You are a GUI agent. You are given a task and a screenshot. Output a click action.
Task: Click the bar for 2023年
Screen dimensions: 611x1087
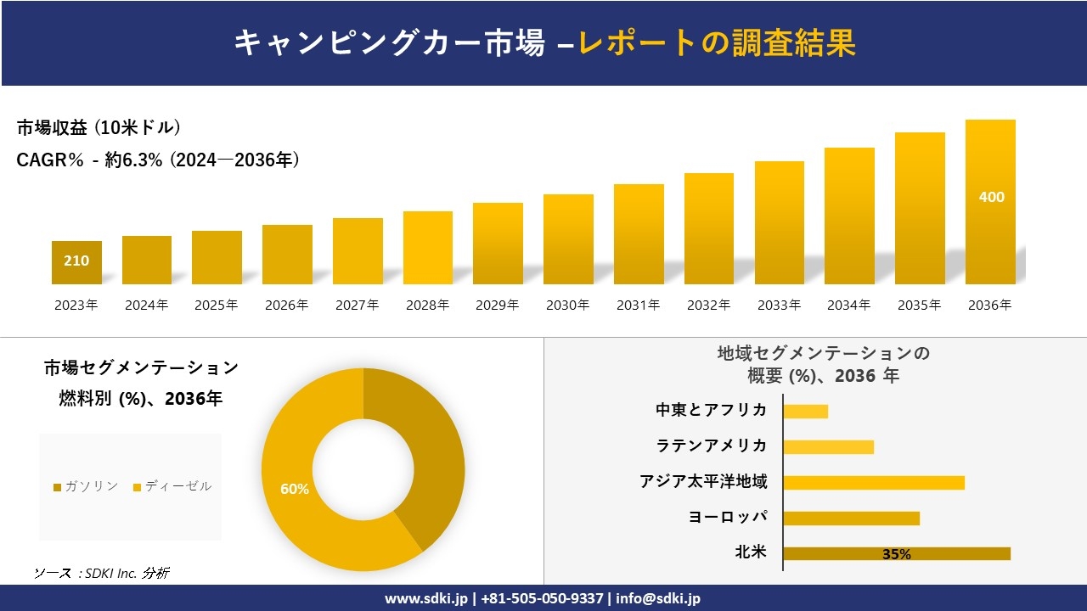pyautogui.click(x=76, y=262)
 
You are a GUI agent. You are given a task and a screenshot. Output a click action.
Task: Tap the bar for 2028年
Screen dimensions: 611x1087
pyautogui.click(x=428, y=248)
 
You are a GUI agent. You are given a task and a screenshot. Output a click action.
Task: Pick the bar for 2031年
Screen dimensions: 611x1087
pyautogui.click(x=639, y=234)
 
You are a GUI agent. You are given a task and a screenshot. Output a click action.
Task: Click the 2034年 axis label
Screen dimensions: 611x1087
pyautogui.click(x=849, y=305)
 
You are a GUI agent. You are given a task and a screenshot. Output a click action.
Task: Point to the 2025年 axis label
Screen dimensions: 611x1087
pyautogui.click(x=217, y=305)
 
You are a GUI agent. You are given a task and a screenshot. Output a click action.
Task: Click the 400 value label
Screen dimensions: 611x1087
pyautogui.click(x=991, y=197)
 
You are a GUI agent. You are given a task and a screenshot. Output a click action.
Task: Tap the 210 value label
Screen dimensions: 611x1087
pyautogui.click(x=76, y=261)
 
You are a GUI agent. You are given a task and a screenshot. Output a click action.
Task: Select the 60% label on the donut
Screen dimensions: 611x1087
pyautogui.click(x=295, y=489)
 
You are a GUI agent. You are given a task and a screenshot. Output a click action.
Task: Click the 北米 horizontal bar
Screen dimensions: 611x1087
pyautogui.click(x=896, y=553)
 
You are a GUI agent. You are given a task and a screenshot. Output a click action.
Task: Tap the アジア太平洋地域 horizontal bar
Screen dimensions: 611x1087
pyautogui.click(x=873, y=482)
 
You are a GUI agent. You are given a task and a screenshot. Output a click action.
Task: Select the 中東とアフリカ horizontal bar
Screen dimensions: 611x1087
pyautogui.click(x=805, y=411)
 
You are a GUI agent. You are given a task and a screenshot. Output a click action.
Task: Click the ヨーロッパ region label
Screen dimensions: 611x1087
pyautogui.click(x=728, y=517)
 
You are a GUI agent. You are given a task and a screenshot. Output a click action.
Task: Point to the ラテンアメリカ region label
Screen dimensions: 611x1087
pyautogui.click(x=711, y=446)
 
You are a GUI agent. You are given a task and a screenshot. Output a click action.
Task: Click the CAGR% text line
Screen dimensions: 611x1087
pyautogui.click(x=158, y=160)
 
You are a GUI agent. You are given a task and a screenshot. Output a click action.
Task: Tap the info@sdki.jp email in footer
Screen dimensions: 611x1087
pyautogui.click(x=658, y=598)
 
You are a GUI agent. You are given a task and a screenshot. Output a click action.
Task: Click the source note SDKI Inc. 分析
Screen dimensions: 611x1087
pyautogui.click(x=101, y=573)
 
